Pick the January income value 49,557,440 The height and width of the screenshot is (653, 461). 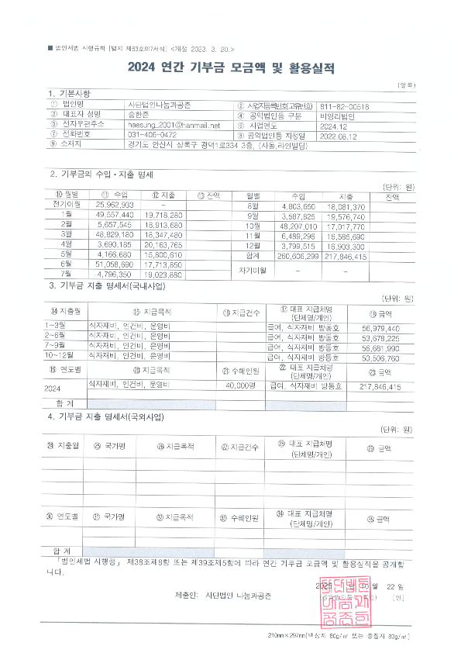pyautogui.click(x=115, y=213)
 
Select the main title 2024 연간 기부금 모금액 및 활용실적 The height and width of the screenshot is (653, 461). pyautogui.click(x=231, y=67)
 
